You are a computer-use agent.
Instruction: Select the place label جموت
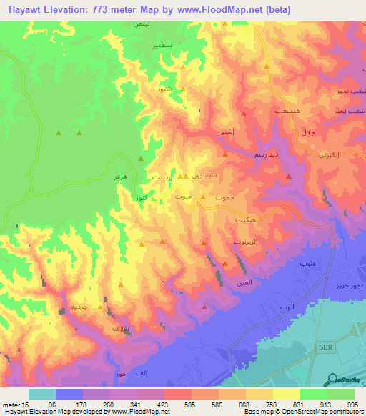(224, 197)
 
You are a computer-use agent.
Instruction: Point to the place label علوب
(308, 264)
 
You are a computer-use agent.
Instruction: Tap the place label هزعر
(120, 175)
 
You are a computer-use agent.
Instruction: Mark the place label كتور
(141, 197)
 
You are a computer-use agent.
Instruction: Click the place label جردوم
(79, 306)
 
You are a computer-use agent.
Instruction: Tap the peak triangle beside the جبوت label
(203, 197)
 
